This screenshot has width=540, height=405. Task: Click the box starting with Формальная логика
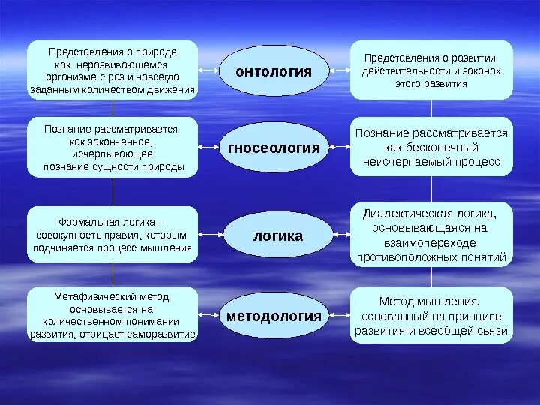pos(112,235)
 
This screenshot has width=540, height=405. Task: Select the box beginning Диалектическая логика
pos(432,234)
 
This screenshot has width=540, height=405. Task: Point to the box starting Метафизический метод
pos(112,315)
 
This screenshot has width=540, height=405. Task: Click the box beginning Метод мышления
pos(432,316)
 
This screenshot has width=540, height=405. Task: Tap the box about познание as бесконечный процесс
pos(432,147)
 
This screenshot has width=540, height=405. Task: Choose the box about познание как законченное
pos(112,147)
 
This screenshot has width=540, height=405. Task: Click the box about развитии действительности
pos(432,70)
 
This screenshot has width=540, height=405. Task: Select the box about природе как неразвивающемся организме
pos(112,70)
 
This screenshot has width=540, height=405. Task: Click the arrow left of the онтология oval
pos(208,70)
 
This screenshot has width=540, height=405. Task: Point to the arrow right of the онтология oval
pos(340,70)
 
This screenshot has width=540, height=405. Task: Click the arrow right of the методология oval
pos(340,315)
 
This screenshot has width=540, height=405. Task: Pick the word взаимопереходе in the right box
pos(432,242)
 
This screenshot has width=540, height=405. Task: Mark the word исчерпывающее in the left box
pos(112,153)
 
